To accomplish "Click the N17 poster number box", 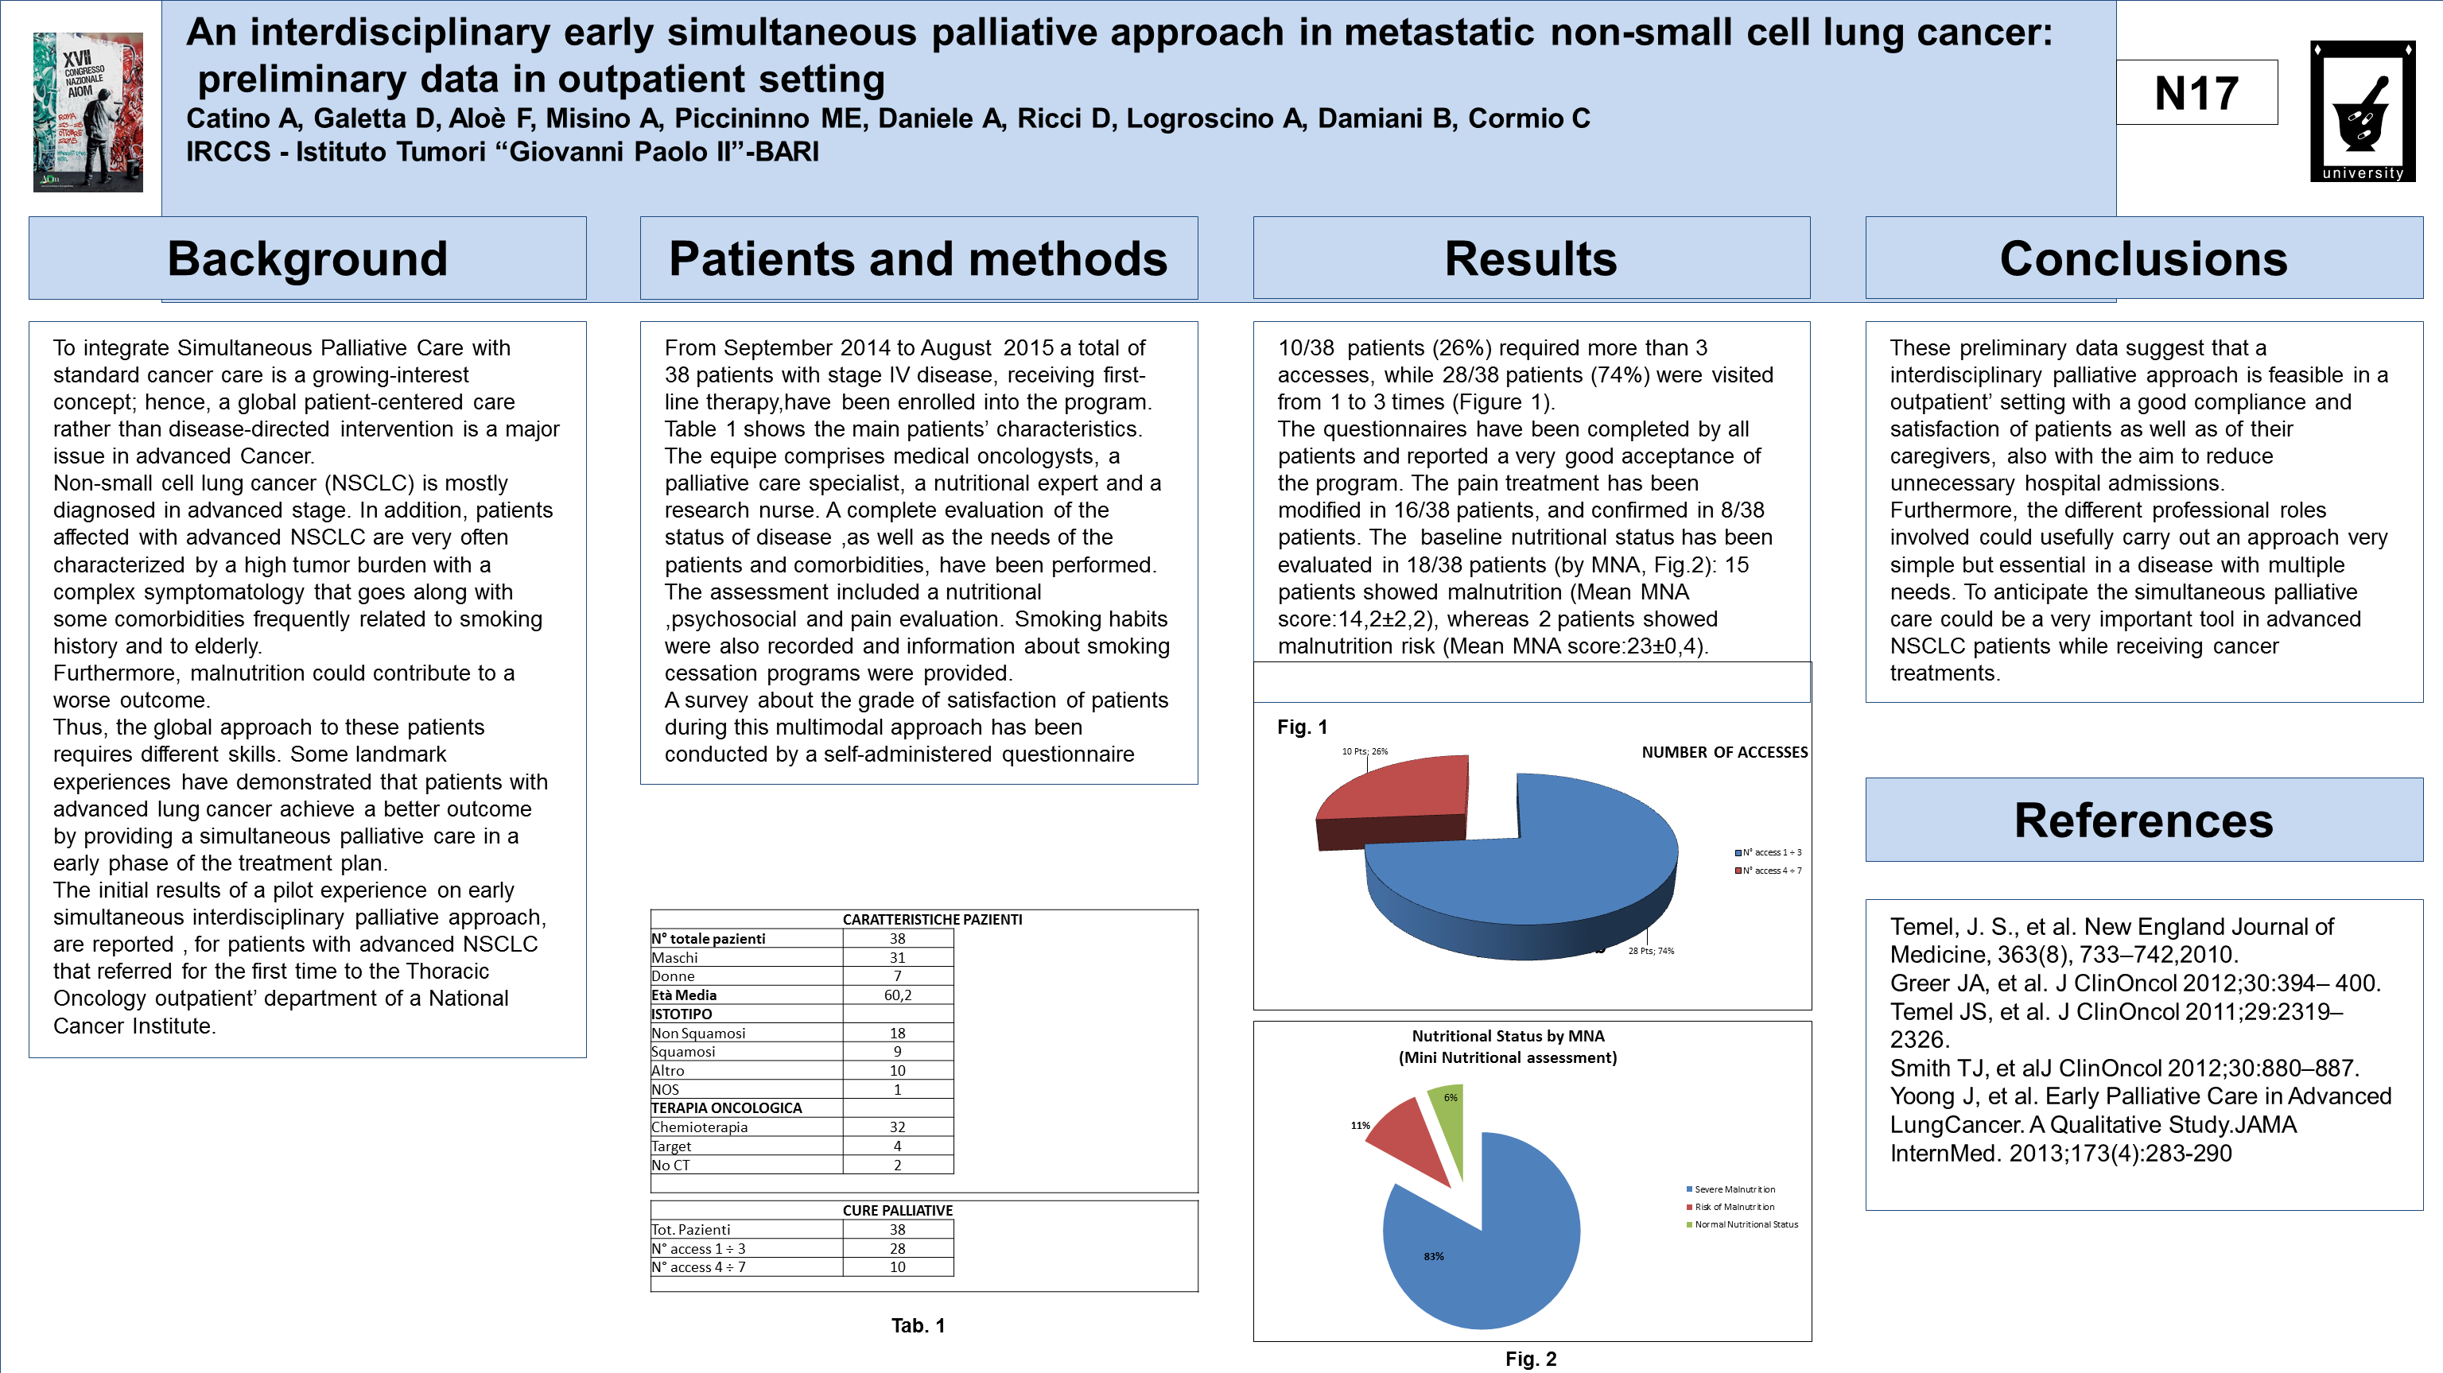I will click(x=2196, y=93).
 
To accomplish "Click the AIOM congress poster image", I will click(x=88, y=112).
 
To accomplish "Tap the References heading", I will click(x=2143, y=820).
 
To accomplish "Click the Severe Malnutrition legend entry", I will click(x=1734, y=1189).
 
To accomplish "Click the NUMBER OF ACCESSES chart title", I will click(x=1724, y=752).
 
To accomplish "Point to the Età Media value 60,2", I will click(x=897, y=995).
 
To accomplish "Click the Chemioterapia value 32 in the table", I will click(x=897, y=1127).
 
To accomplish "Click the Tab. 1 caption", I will click(x=918, y=1325).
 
